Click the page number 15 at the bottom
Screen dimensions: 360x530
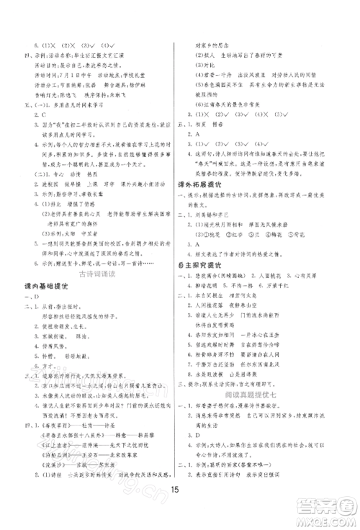pyautogui.click(x=179, y=492)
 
